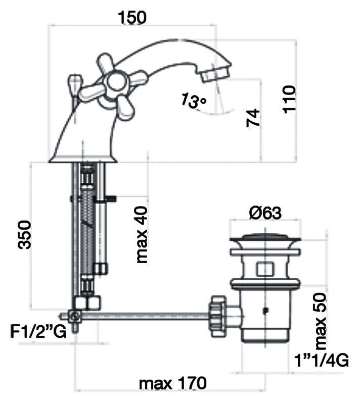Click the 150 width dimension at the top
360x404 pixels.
(132, 17)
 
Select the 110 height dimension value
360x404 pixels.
(289, 99)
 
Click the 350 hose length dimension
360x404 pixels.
(24, 234)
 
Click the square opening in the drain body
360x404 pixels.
(264, 269)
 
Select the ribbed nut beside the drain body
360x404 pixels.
(217, 315)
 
